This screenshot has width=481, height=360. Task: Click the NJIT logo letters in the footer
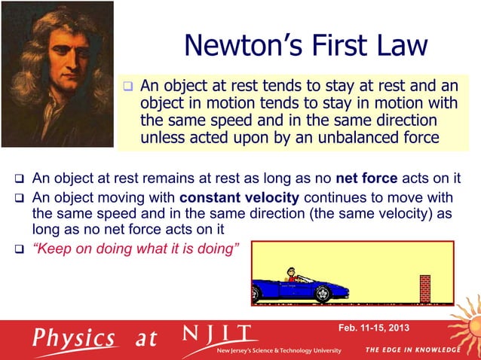[219, 334]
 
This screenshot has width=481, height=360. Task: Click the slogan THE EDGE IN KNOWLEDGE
[412, 350]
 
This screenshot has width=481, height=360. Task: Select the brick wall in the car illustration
[424, 288]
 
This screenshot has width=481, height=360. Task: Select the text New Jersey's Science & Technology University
[279, 351]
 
